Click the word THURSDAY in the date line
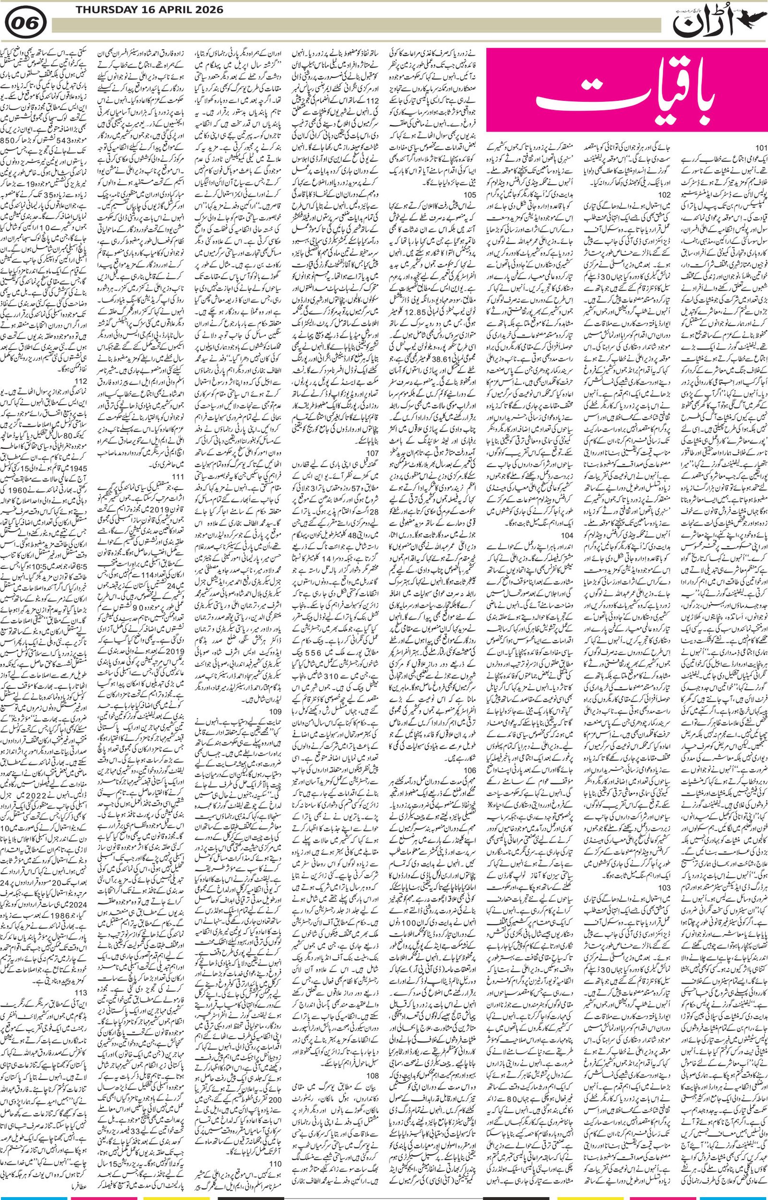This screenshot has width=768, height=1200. (x=88, y=9)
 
